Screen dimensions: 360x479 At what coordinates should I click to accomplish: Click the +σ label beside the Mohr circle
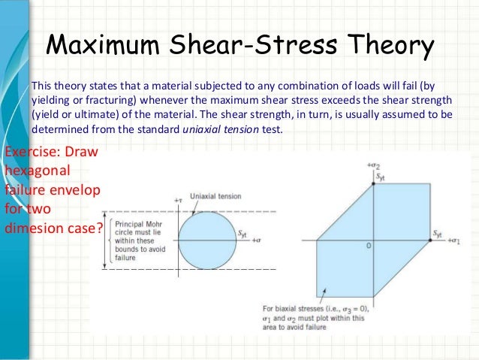pyautogui.click(x=256, y=241)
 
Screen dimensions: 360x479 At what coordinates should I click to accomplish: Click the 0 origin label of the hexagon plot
pyautogui.click(x=369, y=247)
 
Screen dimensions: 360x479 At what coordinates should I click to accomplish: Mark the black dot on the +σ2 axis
pyautogui.click(x=374, y=185)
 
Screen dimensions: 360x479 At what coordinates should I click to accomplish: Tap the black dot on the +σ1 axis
pyautogui.click(x=430, y=241)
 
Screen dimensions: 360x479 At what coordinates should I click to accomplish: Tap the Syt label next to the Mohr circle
pyautogui.click(x=243, y=234)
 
